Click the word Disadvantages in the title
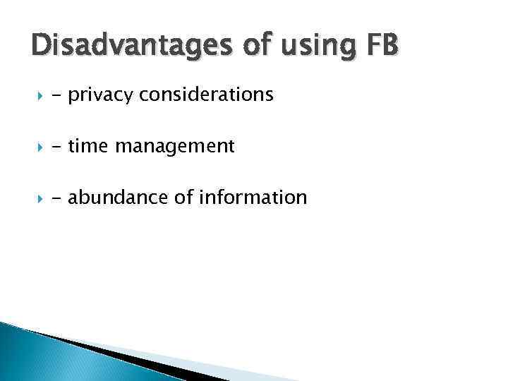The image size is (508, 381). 129,47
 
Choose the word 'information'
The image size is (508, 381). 253,198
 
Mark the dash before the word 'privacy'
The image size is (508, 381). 57,96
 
